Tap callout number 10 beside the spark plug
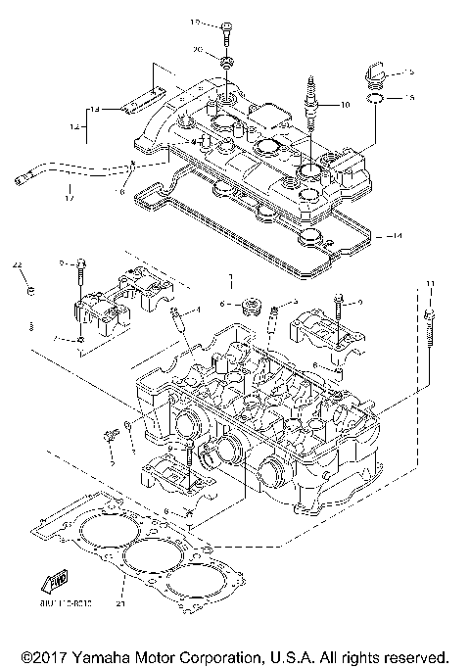pos(344,103)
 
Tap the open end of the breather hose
pos(20,178)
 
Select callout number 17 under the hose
pos(69,199)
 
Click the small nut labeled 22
pos(31,290)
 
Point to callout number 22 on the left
pos(17,264)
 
